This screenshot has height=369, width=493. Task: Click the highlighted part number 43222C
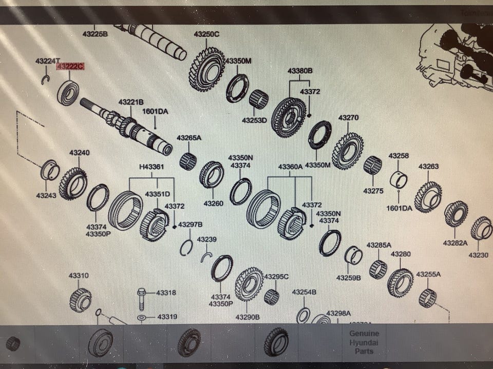[70, 67]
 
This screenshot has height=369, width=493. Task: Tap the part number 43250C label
[206, 34]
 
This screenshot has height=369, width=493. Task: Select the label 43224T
[48, 61]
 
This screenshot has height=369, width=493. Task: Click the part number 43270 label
[348, 118]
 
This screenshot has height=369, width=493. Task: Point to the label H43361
[151, 167]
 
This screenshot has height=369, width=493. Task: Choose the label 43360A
[291, 167]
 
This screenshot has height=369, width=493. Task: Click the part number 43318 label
[166, 293]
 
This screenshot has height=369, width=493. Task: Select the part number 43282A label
[455, 242]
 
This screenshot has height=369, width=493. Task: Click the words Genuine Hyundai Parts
[364, 342]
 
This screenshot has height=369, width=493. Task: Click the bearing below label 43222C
[68, 93]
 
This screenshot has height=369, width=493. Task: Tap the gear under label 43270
[348, 150]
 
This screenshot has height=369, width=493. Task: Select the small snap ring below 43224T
[45, 79]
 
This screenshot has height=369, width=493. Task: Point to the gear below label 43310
[81, 299]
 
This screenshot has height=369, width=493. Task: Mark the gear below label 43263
[428, 197]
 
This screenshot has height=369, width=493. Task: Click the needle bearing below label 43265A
[188, 161]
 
